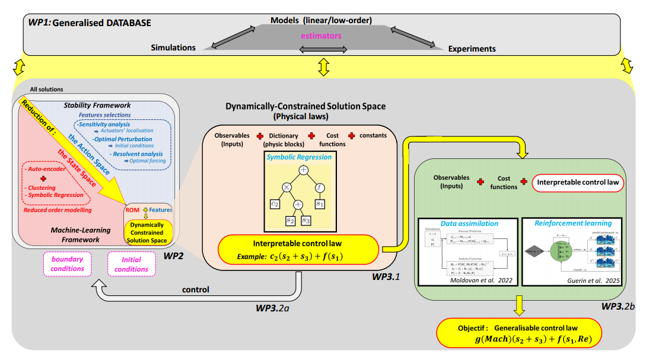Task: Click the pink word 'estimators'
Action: pyautogui.click(x=322, y=36)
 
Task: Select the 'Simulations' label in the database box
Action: pyautogui.click(x=173, y=48)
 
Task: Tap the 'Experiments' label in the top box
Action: pyautogui.click(x=472, y=49)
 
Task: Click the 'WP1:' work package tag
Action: pyautogui.click(x=40, y=23)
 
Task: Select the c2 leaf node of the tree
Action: pyautogui.click(x=275, y=205)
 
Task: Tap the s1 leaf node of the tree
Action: pyautogui.click(x=320, y=205)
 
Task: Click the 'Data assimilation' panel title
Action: pyautogui.click(x=469, y=224)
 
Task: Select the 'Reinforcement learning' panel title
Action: pyautogui.click(x=572, y=224)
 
